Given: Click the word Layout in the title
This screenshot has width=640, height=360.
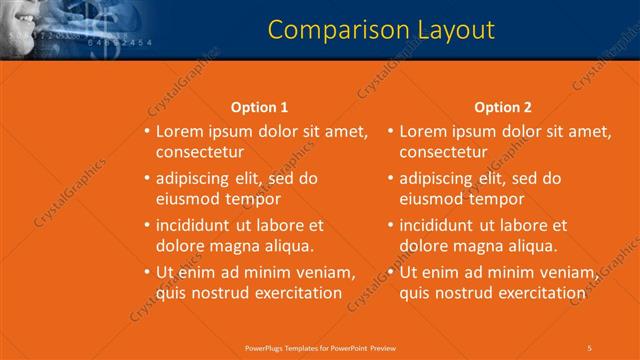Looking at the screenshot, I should (447, 31).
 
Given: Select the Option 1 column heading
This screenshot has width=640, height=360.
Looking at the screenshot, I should (259, 107).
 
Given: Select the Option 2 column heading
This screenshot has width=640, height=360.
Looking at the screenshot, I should (503, 107).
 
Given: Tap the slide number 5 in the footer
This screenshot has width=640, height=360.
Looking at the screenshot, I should (589, 347).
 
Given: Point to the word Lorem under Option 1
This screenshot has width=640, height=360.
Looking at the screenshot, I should (181, 132).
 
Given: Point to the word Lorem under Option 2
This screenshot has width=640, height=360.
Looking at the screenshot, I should (424, 132).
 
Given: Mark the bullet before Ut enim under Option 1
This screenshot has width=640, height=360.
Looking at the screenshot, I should (147, 272).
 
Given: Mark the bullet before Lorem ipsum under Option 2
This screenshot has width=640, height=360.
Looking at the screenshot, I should (390, 132).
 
